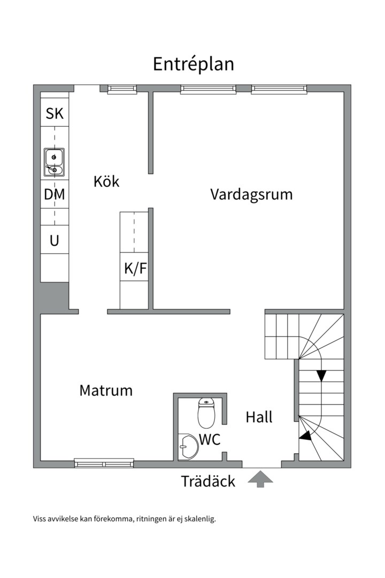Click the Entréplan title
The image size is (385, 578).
click(193, 64)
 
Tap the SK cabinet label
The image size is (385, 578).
click(55, 113)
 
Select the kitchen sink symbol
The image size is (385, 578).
click(54, 162)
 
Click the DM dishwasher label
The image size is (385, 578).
click(55, 195)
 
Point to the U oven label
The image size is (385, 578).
click(55, 241)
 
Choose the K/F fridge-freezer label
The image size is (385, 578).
click(135, 269)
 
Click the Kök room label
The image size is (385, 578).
click(106, 181)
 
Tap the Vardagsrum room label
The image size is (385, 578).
click(251, 194)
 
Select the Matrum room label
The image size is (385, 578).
click(106, 390)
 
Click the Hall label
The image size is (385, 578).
click(259, 417)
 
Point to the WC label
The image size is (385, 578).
click(210, 439)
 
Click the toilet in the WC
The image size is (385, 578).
click(206, 412)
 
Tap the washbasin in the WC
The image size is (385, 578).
click(187, 446)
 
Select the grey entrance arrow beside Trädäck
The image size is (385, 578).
click(260, 479)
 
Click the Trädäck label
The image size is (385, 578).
click(208, 481)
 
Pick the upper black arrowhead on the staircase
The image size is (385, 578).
click(321, 376)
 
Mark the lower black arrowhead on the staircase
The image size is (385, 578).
click(305, 436)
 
